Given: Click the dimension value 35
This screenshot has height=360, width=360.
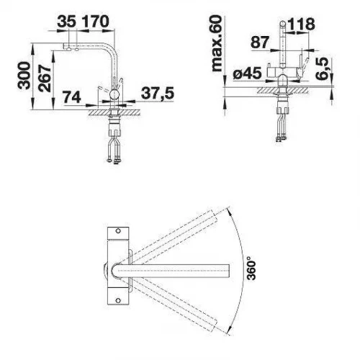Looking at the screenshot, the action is [x=67, y=22].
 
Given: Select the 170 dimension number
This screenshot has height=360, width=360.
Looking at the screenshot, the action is [x=96, y=22].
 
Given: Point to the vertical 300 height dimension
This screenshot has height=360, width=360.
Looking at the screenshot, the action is [x=24, y=76].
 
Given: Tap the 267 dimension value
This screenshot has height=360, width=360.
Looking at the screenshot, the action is [x=45, y=78].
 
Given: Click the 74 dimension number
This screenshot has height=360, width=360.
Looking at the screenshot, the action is [x=72, y=98].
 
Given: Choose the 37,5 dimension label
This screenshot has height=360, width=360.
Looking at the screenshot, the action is [x=158, y=93].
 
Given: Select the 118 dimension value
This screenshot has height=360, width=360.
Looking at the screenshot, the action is [x=301, y=24].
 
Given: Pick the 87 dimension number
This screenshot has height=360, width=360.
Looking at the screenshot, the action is [x=260, y=42].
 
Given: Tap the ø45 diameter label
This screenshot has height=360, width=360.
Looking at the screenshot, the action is [x=247, y=73].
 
